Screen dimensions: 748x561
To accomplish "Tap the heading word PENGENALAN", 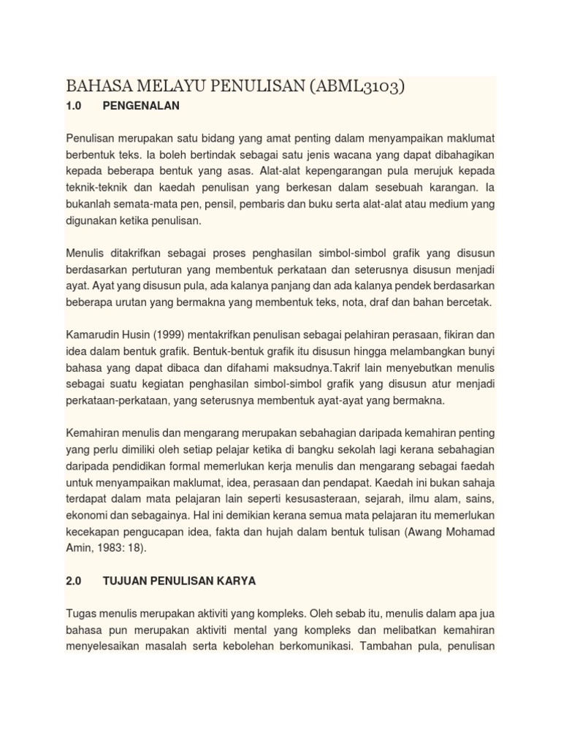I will click(x=141, y=106).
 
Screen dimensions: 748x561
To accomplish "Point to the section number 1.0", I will click(x=73, y=106).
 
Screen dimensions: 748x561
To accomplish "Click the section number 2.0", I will click(x=73, y=581).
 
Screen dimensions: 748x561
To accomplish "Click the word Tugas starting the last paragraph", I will click(x=83, y=614).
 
